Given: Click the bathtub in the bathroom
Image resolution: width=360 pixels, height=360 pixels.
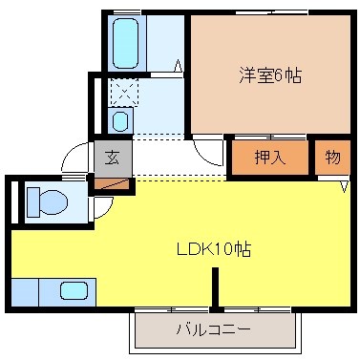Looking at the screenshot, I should click(125, 43).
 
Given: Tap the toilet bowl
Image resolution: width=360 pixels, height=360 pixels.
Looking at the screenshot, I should click(46, 202).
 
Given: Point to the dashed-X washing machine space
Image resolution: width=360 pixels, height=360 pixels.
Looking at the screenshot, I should click(123, 93).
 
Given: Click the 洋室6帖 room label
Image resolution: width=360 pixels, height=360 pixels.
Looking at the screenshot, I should click(270, 75).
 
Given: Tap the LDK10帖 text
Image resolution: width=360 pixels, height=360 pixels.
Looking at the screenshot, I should click(214, 250).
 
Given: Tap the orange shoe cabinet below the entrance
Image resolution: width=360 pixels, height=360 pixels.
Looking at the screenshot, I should click(111, 182).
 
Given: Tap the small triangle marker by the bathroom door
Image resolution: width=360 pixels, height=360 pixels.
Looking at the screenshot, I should click(179, 66).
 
